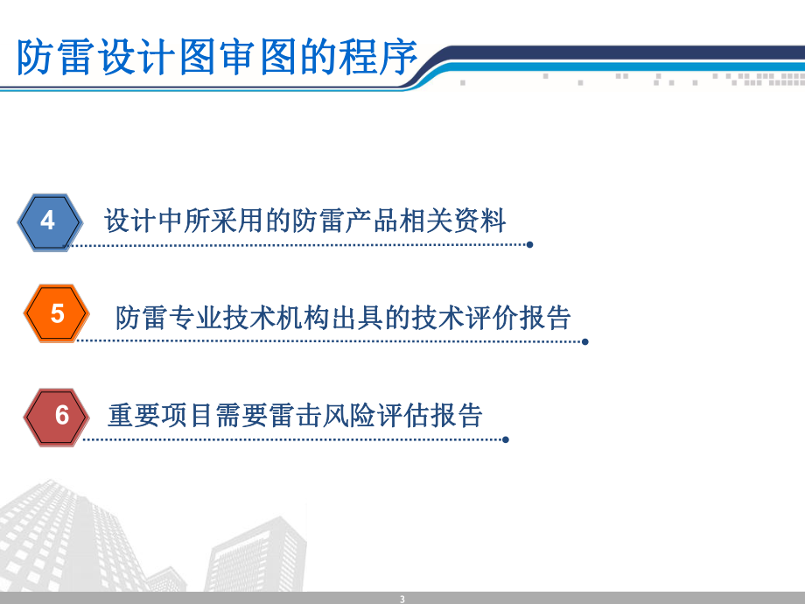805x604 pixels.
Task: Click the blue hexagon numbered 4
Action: pyautogui.click(x=49, y=221)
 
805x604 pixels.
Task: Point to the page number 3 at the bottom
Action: pyautogui.click(x=402, y=599)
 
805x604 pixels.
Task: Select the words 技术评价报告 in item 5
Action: pyautogui.click(x=503, y=317)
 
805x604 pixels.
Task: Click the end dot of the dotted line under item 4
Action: pyautogui.click(x=529, y=245)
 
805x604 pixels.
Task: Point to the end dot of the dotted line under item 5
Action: pyautogui.click(x=585, y=341)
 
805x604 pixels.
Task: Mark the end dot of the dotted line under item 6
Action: pyautogui.click(x=506, y=439)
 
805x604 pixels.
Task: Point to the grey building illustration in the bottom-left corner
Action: pyautogui.click(x=79, y=543)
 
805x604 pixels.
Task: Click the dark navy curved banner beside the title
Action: pyautogui.click(x=612, y=54)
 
